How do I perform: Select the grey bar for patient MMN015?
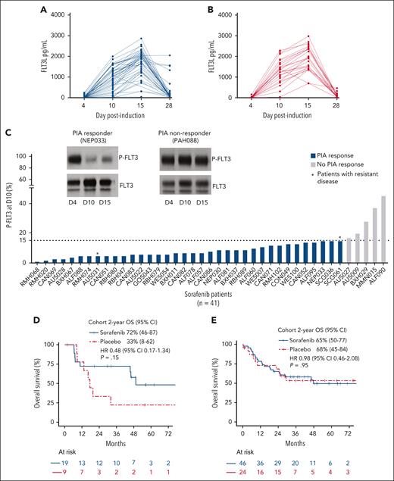tap(374, 235)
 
